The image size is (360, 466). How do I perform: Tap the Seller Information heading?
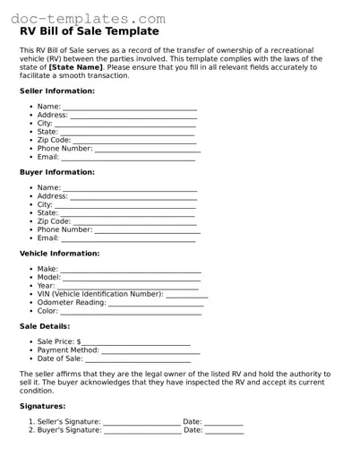[56, 91]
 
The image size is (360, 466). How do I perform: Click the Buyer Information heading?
[56, 172]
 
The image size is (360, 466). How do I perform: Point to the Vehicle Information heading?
[59, 254]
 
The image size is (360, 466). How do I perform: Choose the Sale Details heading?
[44, 326]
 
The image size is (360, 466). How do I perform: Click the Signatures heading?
[42, 406]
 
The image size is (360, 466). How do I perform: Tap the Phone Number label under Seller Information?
[64, 149]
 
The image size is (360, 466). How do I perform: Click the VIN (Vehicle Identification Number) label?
[100, 294]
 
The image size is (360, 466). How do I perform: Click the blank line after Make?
[131, 270]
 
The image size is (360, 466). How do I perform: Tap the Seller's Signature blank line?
[141, 422]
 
